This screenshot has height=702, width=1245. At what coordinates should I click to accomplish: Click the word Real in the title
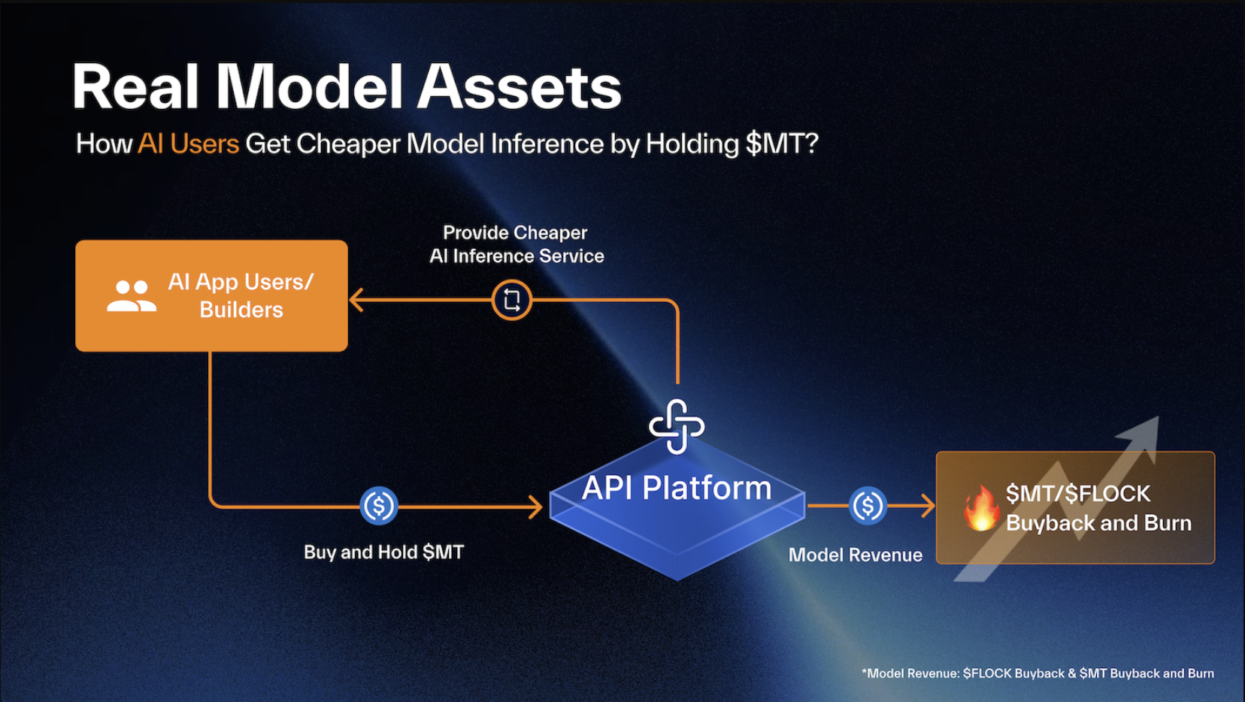pos(135,88)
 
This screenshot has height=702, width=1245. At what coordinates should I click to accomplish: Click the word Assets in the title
pos(519,88)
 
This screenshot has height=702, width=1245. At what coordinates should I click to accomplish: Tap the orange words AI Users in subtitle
pos(188,144)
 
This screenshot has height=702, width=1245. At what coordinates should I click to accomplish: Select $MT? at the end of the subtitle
pos(782,144)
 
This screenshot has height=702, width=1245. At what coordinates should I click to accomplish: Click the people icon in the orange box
pos(132,295)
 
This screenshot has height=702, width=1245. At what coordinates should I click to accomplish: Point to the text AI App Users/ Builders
pos(241,295)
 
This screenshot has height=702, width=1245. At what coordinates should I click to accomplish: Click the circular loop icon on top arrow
pos(512,300)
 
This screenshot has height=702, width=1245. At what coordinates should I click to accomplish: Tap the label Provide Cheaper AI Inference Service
pos(516,244)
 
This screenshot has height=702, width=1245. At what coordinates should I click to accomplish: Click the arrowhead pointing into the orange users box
pos(356,300)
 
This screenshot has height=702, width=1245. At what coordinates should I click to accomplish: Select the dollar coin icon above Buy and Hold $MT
pos(379,506)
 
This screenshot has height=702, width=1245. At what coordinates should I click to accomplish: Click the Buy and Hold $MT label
pos(383,552)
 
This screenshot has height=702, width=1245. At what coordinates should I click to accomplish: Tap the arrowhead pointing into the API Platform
pos(536,507)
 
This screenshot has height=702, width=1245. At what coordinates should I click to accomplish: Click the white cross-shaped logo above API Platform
pos(677,426)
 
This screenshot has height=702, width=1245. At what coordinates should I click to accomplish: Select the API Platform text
pos(677,489)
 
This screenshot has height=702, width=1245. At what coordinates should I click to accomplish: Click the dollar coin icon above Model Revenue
pos(868,506)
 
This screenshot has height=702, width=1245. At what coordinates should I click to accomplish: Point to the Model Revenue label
pos(855,555)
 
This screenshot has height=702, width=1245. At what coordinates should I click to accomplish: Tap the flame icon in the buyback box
pos(981,508)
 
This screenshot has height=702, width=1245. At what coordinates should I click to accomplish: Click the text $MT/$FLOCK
pos(1078,494)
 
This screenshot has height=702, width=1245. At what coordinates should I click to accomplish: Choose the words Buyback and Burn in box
pos(1098,523)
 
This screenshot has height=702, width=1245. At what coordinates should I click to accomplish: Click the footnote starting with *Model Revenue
pos(1037,673)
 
